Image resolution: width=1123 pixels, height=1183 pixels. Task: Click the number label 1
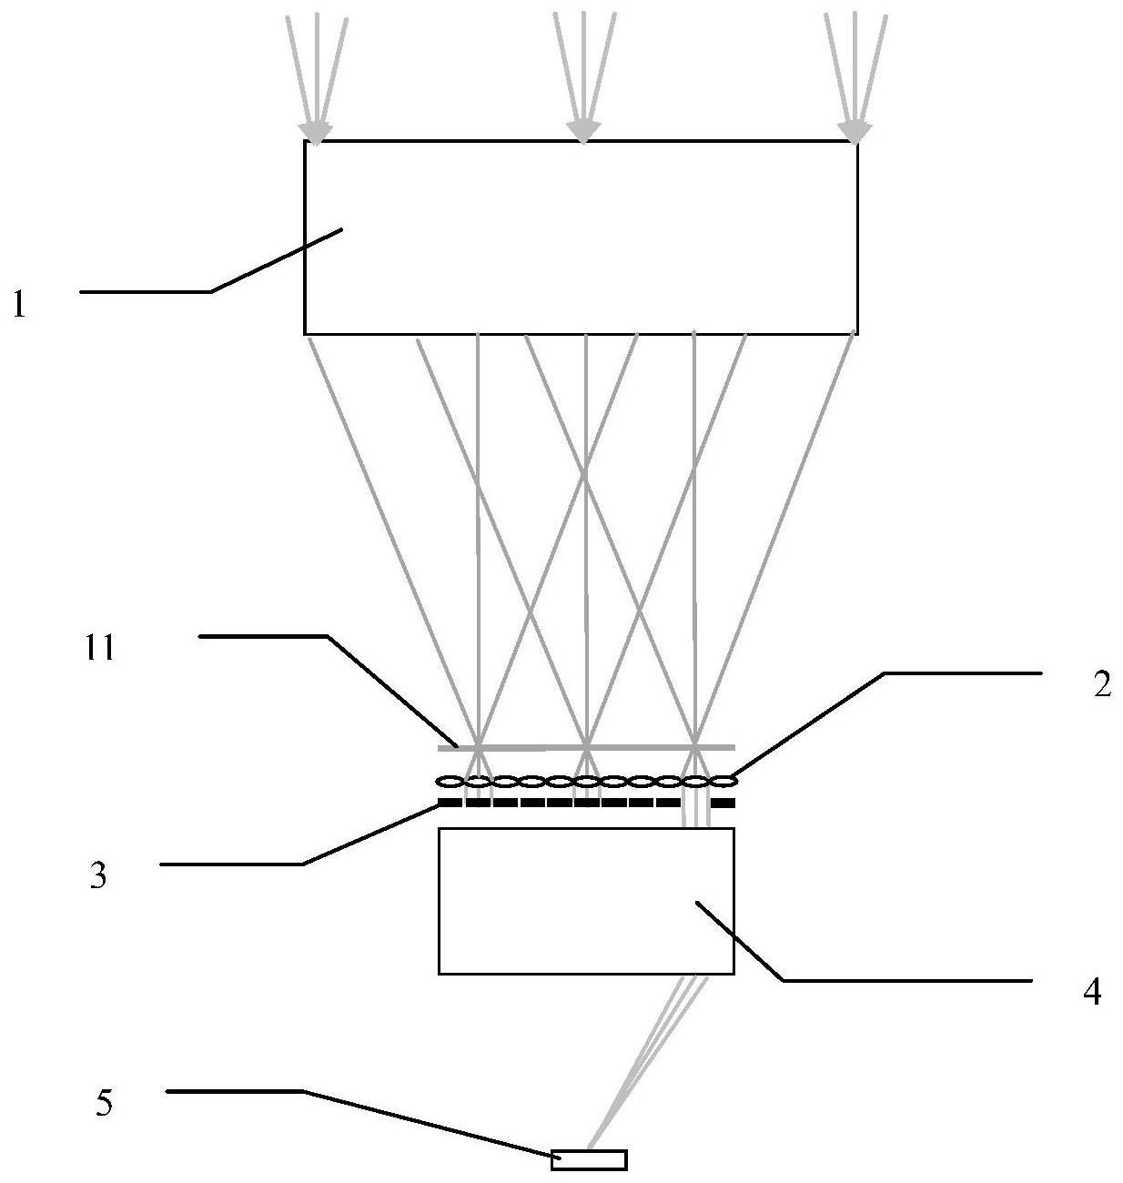click(x=19, y=305)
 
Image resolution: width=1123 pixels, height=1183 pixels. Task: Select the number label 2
click(x=1101, y=685)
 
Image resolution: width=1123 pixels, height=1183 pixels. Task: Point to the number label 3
click(x=98, y=877)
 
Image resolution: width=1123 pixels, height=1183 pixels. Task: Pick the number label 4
click(x=1092, y=991)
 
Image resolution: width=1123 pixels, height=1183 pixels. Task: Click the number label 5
click(x=104, y=1104)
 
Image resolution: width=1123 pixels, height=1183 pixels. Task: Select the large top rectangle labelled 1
click(x=581, y=237)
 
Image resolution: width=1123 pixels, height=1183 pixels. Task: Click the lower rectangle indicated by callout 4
click(x=585, y=901)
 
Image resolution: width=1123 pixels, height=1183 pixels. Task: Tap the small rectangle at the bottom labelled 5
click(x=589, y=1159)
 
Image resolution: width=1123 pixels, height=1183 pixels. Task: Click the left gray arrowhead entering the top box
click(x=316, y=133)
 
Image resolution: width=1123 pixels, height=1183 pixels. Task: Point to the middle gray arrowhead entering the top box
click(x=583, y=133)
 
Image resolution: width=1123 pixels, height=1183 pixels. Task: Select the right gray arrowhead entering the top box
click(x=854, y=133)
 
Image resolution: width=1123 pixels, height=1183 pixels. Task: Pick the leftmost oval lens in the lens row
click(x=450, y=781)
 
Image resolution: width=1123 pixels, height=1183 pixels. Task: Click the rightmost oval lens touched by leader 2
click(x=723, y=781)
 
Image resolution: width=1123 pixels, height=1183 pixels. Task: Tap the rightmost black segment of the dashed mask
click(x=723, y=803)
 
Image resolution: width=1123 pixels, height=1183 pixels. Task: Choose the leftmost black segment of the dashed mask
click(x=450, y=803)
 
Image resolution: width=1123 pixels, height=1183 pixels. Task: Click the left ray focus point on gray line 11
click(x=478, y=747)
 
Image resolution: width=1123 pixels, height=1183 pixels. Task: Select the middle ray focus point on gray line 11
click(x=587, y=747)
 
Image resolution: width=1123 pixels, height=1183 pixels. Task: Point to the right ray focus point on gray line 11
click(x=695, y=747)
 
